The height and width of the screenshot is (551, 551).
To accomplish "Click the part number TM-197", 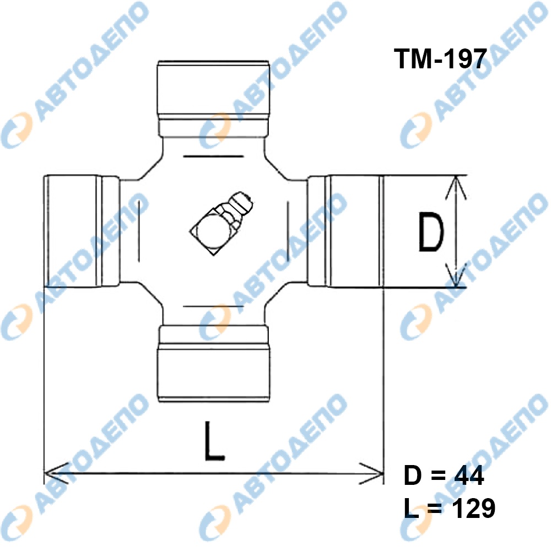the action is (441, 59).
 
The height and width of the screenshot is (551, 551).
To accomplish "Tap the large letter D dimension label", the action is (431, 233).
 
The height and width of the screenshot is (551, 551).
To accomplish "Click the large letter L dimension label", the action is (214, 441).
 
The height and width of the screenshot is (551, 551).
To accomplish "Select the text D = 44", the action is (444, 476).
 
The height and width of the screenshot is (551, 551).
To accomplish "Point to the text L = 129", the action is (450, 508).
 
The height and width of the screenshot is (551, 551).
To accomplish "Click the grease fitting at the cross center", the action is (222, 223).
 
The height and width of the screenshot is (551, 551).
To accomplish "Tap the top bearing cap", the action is (214, 99).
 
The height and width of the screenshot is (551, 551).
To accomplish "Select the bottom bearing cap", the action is (214, 363).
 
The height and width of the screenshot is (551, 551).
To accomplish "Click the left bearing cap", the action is (82, 231).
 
